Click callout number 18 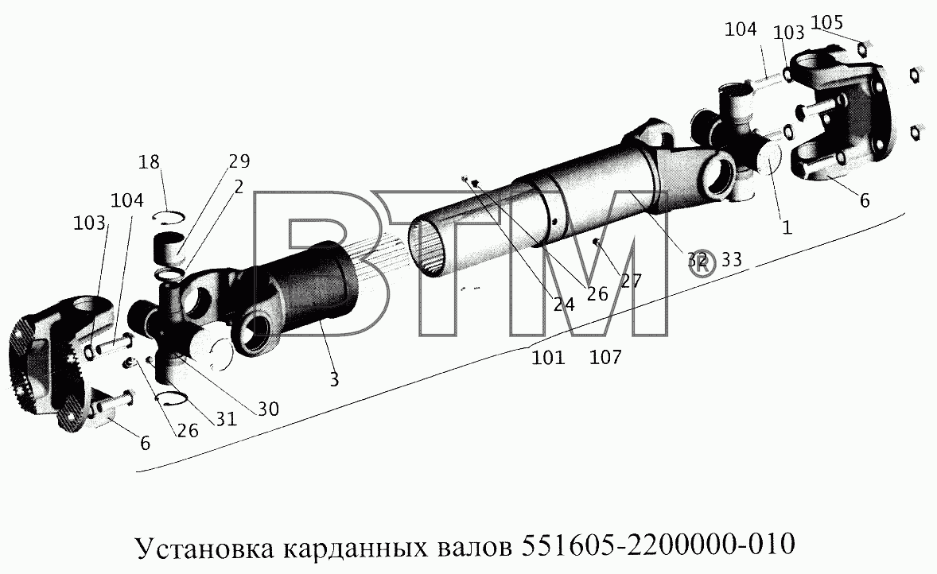coord(150,162)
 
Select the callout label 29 coord(239,161)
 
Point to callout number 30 coord(268,409)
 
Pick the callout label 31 coord(226,419)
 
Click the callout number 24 coord(563,304)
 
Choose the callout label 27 coord(631,281)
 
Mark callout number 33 coord(732,259)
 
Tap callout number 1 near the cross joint coord(787,227)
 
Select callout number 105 coord(828,23)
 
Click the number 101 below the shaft coord(548,357)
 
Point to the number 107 coord(605,357)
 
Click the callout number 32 coord(697,260)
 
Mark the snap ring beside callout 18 coord(169,217)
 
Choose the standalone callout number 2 coord(239,187)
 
